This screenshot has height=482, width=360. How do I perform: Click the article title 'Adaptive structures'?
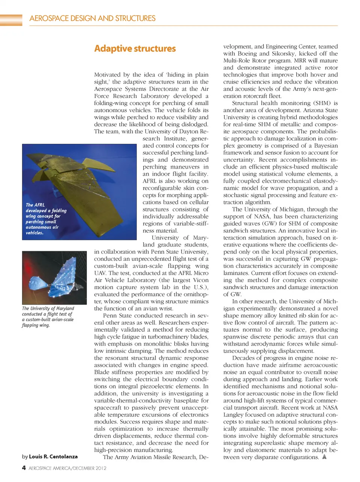click(x=135, y=49)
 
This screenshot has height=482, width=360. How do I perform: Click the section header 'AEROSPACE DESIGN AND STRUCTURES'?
click(x=92, y=18)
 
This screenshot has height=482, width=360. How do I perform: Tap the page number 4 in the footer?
click(x=24, y=468)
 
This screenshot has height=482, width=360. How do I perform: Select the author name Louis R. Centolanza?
click(x=53, y=456)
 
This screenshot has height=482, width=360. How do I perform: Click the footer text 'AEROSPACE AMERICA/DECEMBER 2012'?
click(x=67, y=468)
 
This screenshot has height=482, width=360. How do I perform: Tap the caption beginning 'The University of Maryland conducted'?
click(x=48, y=316)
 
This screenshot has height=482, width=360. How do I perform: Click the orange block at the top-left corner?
click(x=11, y=20)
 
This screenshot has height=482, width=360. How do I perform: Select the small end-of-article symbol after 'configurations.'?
click(x=324, y=457)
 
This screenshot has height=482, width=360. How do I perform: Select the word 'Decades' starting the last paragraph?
click(x=244, y=358)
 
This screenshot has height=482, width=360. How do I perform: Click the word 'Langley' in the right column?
click(x=235, y=415)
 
